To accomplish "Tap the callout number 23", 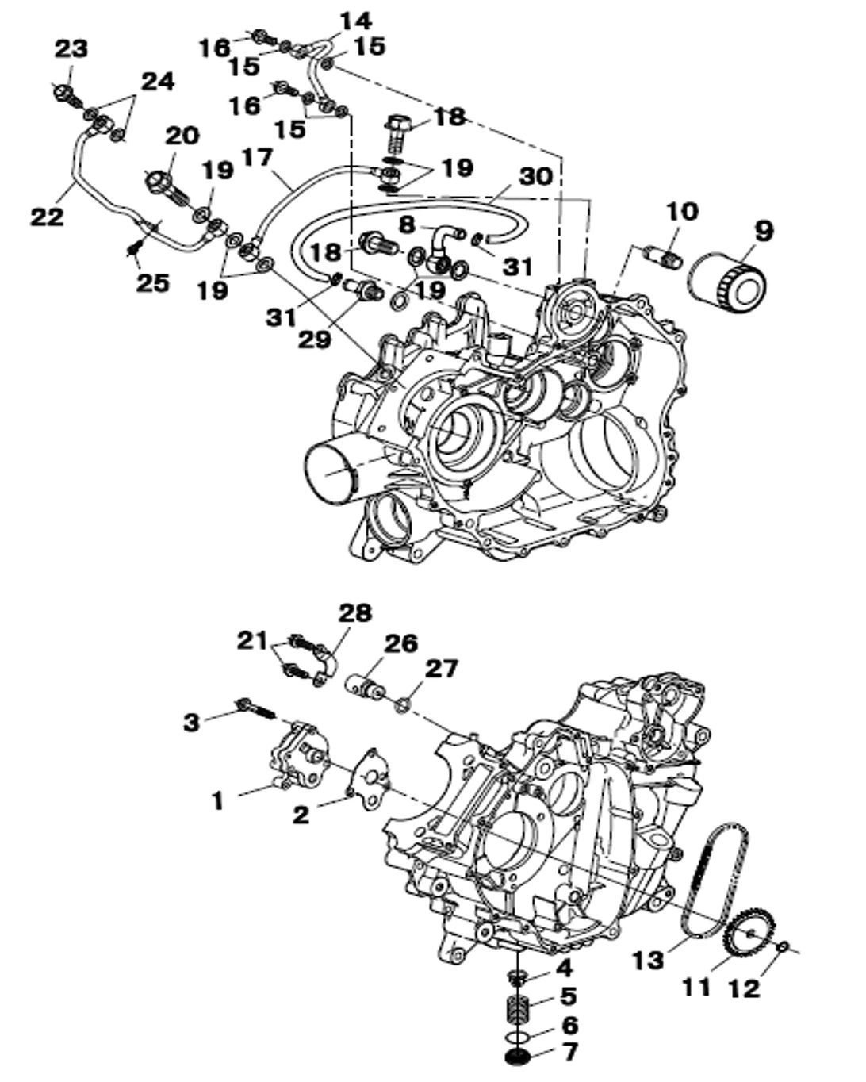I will [71, 49].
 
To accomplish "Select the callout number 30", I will [535, 176].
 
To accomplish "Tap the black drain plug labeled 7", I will [519, 1057].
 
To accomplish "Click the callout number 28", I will [354, 613].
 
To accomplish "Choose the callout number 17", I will [257, 159].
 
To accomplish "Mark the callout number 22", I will [47, 216].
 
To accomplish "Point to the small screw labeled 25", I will [133, 251].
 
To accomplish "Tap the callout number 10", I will [682, 212].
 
